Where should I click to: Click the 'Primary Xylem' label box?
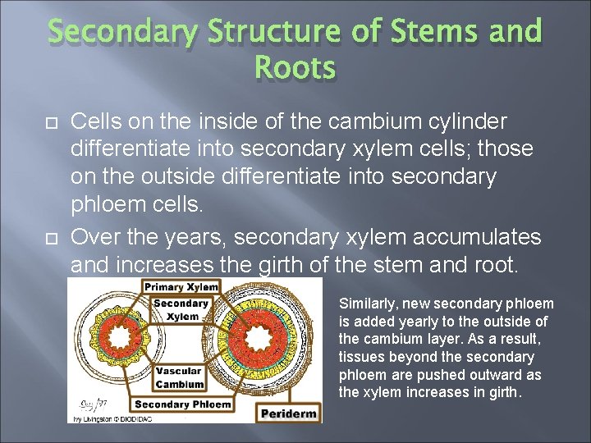click(182, 287)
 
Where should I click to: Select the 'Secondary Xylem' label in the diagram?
click(182, 310)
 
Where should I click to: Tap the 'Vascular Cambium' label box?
click(180, 377)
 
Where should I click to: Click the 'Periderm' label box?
click(289, 413)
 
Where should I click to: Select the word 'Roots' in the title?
click(295, 69)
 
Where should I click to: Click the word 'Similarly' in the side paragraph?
click(365, 304)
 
